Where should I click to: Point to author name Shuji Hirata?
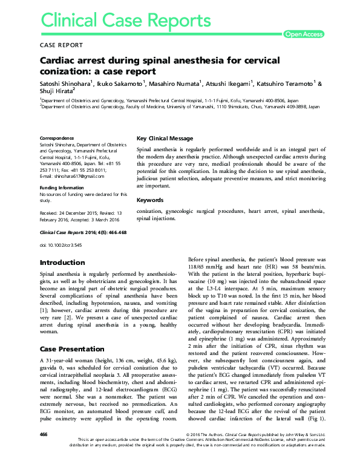click(54, 91)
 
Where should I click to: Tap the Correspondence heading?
click(57, 138)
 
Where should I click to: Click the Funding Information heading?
click(62, 188)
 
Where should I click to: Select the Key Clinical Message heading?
click(165, 138)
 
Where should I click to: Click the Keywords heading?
click(151, 200)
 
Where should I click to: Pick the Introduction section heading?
click(62, 263)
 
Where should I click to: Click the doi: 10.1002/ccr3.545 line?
click(61, 245)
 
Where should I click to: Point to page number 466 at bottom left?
click(44, 451)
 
